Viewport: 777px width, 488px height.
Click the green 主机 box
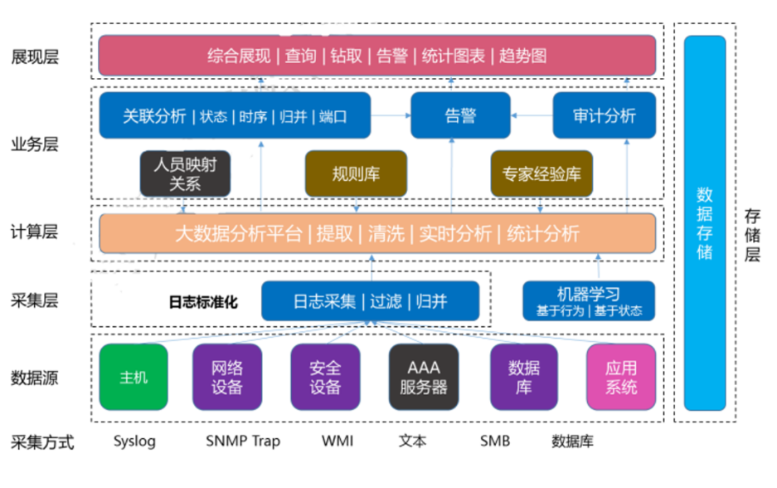pos(133,377)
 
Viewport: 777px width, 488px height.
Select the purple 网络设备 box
pos(227,377)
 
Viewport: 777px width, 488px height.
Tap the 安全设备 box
pos(325,377)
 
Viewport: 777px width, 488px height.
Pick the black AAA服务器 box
pos(423,377)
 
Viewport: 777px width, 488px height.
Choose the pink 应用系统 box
pos(621,377)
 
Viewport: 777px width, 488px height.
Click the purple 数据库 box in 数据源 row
pos(523,377)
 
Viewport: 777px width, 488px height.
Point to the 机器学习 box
pos(588,300)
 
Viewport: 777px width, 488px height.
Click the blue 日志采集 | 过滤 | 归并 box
pos(370,301)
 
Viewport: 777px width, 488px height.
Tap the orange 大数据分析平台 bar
pos(376,233)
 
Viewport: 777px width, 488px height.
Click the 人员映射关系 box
pos(184,173)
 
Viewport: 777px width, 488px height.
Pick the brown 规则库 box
pos(356,173)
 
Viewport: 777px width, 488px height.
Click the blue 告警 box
pos(460,115)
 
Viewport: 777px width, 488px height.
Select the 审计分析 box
pos(604,115)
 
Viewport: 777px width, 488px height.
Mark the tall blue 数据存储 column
pos(704,222)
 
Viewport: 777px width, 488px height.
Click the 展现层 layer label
pos(35,56)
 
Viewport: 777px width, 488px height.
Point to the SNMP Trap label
pos(242,441)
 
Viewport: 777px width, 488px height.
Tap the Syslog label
pos(134,441)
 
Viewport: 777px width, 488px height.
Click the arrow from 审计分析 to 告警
pos(531,115)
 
